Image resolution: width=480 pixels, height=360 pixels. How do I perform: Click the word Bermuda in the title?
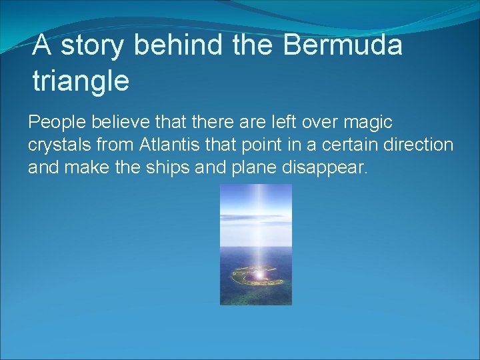click(343, 45)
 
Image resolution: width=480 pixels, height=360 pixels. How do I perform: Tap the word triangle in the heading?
click(81, 81)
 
